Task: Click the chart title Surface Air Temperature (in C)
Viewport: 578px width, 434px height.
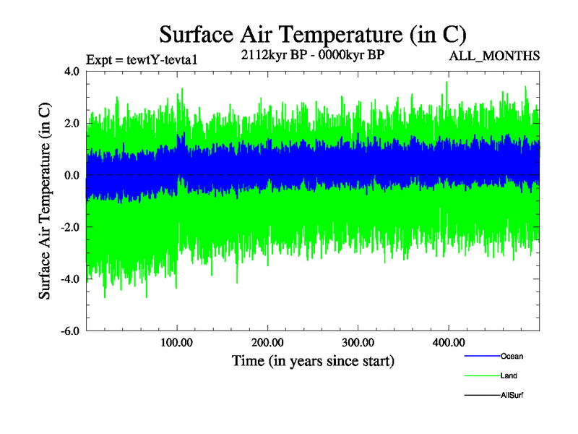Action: [x=313, y=35]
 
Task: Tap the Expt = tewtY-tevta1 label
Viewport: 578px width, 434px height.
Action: [x=141, y=59]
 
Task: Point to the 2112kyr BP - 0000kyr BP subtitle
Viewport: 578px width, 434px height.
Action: [x=312, y=56]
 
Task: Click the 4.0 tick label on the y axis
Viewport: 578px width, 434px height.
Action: [x=72, y=72]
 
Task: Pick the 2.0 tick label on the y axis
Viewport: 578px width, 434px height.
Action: [x=72, y=124]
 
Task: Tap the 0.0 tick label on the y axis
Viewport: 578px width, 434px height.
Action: [x=72, y=176]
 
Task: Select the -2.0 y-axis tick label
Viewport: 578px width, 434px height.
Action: [x=69, y=227]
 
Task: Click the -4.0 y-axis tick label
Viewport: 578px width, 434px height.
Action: [x=69, y=279]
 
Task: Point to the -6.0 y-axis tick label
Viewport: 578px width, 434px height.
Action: [x=69, y=331]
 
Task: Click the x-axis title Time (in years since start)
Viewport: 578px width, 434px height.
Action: [x=313, y=360]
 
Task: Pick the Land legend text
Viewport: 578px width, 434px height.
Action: [x=509, y=375]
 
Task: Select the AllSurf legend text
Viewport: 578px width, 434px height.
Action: [x=512, y=395]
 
